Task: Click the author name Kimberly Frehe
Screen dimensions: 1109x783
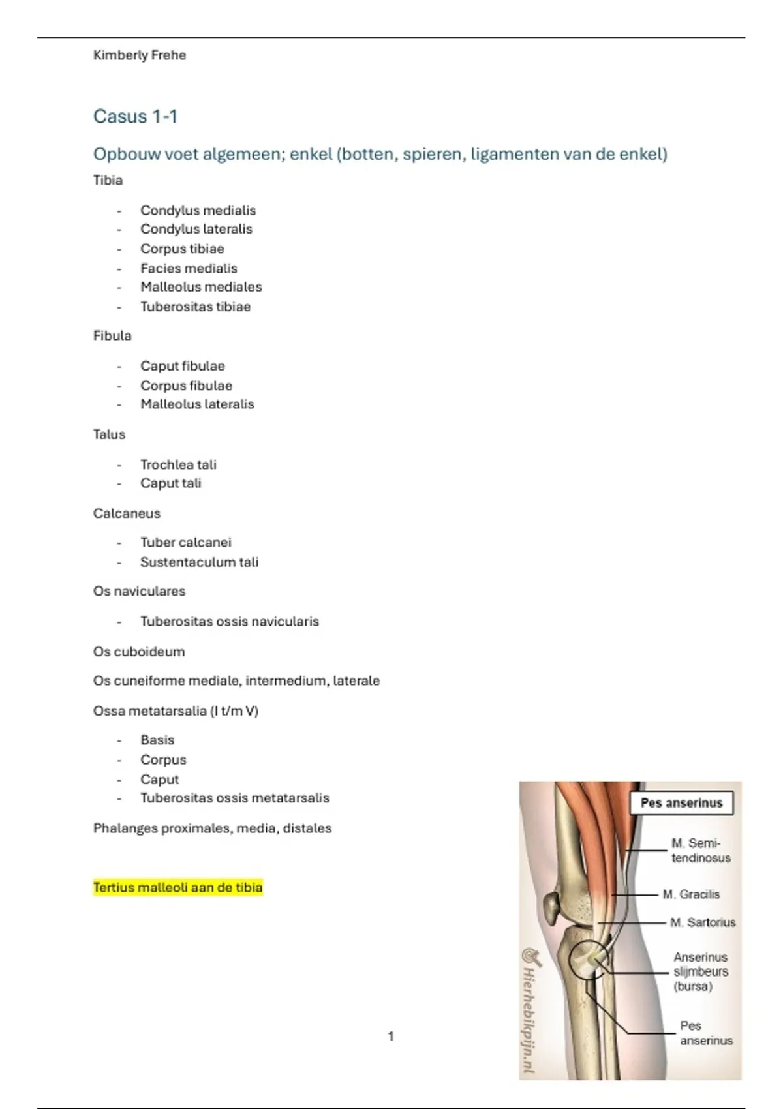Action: coord(140,55)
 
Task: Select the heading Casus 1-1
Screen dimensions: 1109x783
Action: coord(135,117)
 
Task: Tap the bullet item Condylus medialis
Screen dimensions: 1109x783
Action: coord(198,211)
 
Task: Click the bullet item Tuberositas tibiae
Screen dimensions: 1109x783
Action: coord(195,307)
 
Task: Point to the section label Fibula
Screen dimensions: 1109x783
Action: coord(112,336)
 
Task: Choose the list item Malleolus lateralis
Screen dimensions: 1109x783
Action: coord(197,404)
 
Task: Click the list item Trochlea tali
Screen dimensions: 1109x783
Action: coord(178,465)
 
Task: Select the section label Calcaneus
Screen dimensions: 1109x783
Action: coord(127,513)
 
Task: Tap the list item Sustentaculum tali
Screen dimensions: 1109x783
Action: coord(199,562)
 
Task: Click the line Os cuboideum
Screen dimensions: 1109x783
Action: coord(139,652)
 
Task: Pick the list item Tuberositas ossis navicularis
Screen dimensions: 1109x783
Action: coord(230,622)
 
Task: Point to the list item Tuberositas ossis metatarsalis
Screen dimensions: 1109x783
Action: coord(234,798)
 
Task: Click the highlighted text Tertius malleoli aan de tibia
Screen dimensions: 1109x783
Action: coord(177,888)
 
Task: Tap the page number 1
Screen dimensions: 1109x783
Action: coord(391,1036)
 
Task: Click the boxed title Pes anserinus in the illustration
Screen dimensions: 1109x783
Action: coord(681,803)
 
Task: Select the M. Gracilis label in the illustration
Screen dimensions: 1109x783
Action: coord(691,894)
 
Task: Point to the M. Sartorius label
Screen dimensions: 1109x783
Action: coord(702,922)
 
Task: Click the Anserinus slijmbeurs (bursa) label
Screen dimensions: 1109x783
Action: coord(700,971)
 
